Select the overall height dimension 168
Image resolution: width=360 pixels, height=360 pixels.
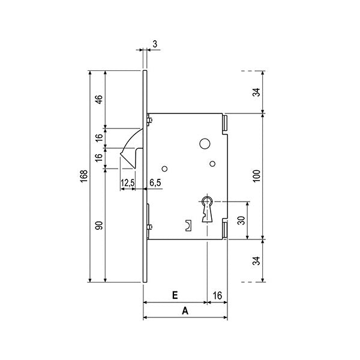click(x=83, y=176)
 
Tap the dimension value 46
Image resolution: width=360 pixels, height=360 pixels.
click(x=100, y=99)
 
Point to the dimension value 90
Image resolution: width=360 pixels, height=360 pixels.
click(x=100, y=226)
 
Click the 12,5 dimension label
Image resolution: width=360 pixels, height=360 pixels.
click(x=127, y=182)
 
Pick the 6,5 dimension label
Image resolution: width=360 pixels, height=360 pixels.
click(x=155, y=182)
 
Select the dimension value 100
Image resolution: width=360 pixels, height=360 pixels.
click(x=257, y=175)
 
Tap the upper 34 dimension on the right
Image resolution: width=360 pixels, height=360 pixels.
click(x=257, y=92)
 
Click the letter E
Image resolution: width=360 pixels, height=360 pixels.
click(x=174, y=295)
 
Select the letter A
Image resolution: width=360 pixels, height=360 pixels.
click(x=185, y=311)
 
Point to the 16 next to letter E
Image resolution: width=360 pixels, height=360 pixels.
click(x=217, y=295)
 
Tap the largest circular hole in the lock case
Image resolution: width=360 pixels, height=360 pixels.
click(x=205, y=144)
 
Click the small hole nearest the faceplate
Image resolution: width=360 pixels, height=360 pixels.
click(x=164, y=169)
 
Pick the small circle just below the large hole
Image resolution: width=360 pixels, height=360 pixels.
click(x=212, y=163)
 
